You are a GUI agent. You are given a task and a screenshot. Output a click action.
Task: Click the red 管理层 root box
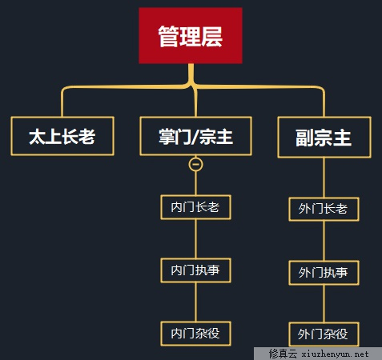pyautogui.click(x=191, y=35)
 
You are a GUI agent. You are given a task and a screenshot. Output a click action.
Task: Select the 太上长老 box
pyautogui.click(x=62, y=136)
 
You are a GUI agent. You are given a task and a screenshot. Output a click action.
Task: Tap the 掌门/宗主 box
pyautogui.click(x=195, y=136)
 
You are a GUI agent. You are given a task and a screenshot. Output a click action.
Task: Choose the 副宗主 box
pyautogui.click(x=324, y=137)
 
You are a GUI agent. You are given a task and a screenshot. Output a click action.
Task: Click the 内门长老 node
pyautogui.click(x=195, y=207)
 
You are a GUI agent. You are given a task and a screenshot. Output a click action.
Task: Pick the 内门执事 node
pyautogui.click(x=195, y=270)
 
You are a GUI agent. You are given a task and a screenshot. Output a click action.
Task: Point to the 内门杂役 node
pyautogui.click(x=195, y=334)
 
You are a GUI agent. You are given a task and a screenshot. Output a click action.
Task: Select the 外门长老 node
pyautogui.click(x=324, y=209)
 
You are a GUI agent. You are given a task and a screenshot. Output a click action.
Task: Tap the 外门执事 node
pyautogui.click(x=324, y=273)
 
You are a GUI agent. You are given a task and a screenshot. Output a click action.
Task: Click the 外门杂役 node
pyautogui.click(x=324, y=334)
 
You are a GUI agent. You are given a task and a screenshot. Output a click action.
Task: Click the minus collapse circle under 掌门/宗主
pyautogui.click(x=195, y=165)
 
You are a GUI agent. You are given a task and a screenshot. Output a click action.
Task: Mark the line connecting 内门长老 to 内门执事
pyautogui.click(x=195, y=238)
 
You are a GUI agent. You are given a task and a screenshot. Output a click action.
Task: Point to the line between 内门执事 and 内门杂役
pyautogui.click(x=195, y=302)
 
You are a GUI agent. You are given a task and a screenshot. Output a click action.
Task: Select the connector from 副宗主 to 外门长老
pyautogui.click(x=324, y=178)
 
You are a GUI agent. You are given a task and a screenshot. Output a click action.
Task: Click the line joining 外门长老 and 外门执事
pyautogui.click(x=324, y=241)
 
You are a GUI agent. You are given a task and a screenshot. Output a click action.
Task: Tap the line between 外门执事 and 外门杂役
pyautogui.click(x=324, y=303)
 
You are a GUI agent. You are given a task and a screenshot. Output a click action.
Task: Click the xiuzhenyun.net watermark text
pyautogui.click(x=336, y=354)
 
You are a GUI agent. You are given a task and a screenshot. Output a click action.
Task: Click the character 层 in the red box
pyautogui.click(x=211, y=36)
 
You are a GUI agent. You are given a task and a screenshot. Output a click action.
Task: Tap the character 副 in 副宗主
pyautogui.click(x=304, y=138)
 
